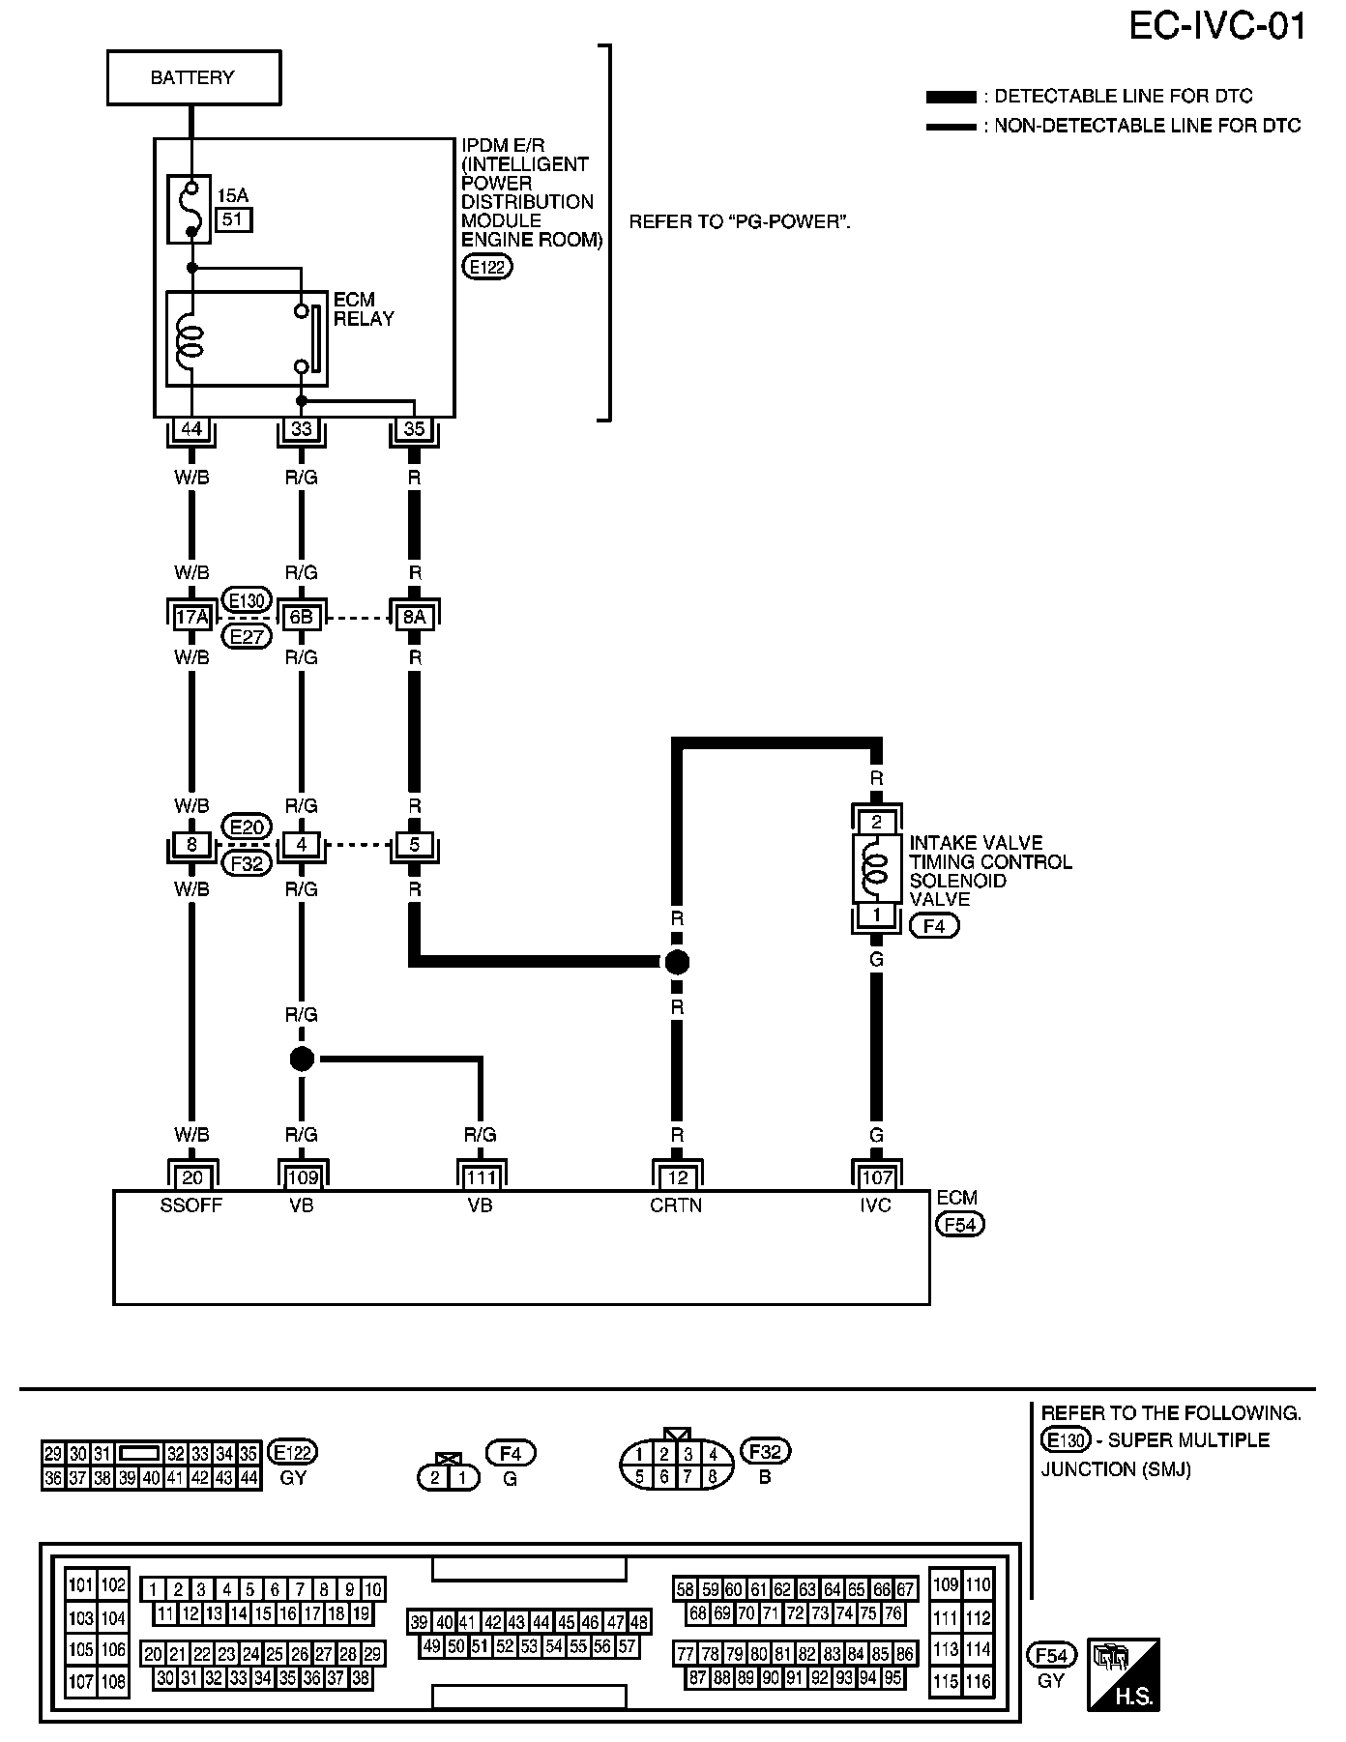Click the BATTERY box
point(193,77)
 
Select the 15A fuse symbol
point(192,207)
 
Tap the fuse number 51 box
point(233,219)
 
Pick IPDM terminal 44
point(192,428)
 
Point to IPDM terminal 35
point(414,428)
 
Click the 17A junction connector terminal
point(192,617)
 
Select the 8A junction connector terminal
point(414,617)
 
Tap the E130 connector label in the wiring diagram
point(247,600)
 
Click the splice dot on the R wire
point(677,962)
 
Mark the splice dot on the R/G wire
point(302,1060)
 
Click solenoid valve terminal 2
point(876,823)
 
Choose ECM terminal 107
point(876,1177)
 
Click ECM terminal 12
point(677,1177)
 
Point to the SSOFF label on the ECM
point(191,1205)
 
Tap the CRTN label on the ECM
point(676,1205)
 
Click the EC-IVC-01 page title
point(1217,26)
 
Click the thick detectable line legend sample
point(951,97)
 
